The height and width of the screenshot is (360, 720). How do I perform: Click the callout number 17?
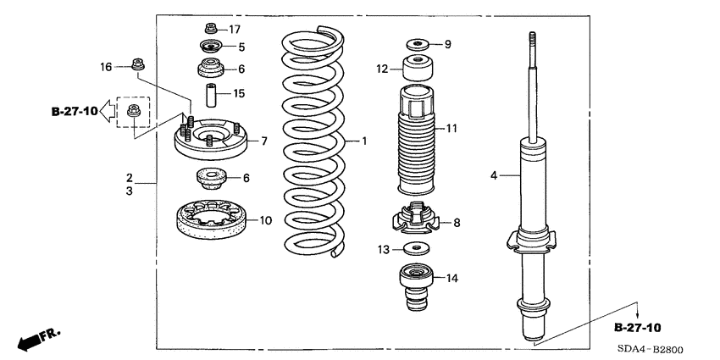coord(235,29)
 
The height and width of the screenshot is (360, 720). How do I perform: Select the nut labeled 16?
coord(136,64)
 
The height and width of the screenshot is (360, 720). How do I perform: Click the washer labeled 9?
coord(415,43)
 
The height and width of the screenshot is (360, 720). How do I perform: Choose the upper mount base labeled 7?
coord(208,140)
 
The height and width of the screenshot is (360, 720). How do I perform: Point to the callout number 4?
coord(493,176)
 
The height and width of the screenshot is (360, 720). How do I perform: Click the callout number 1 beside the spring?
coord(365,141)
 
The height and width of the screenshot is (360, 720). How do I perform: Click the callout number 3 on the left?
coord(130,192)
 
